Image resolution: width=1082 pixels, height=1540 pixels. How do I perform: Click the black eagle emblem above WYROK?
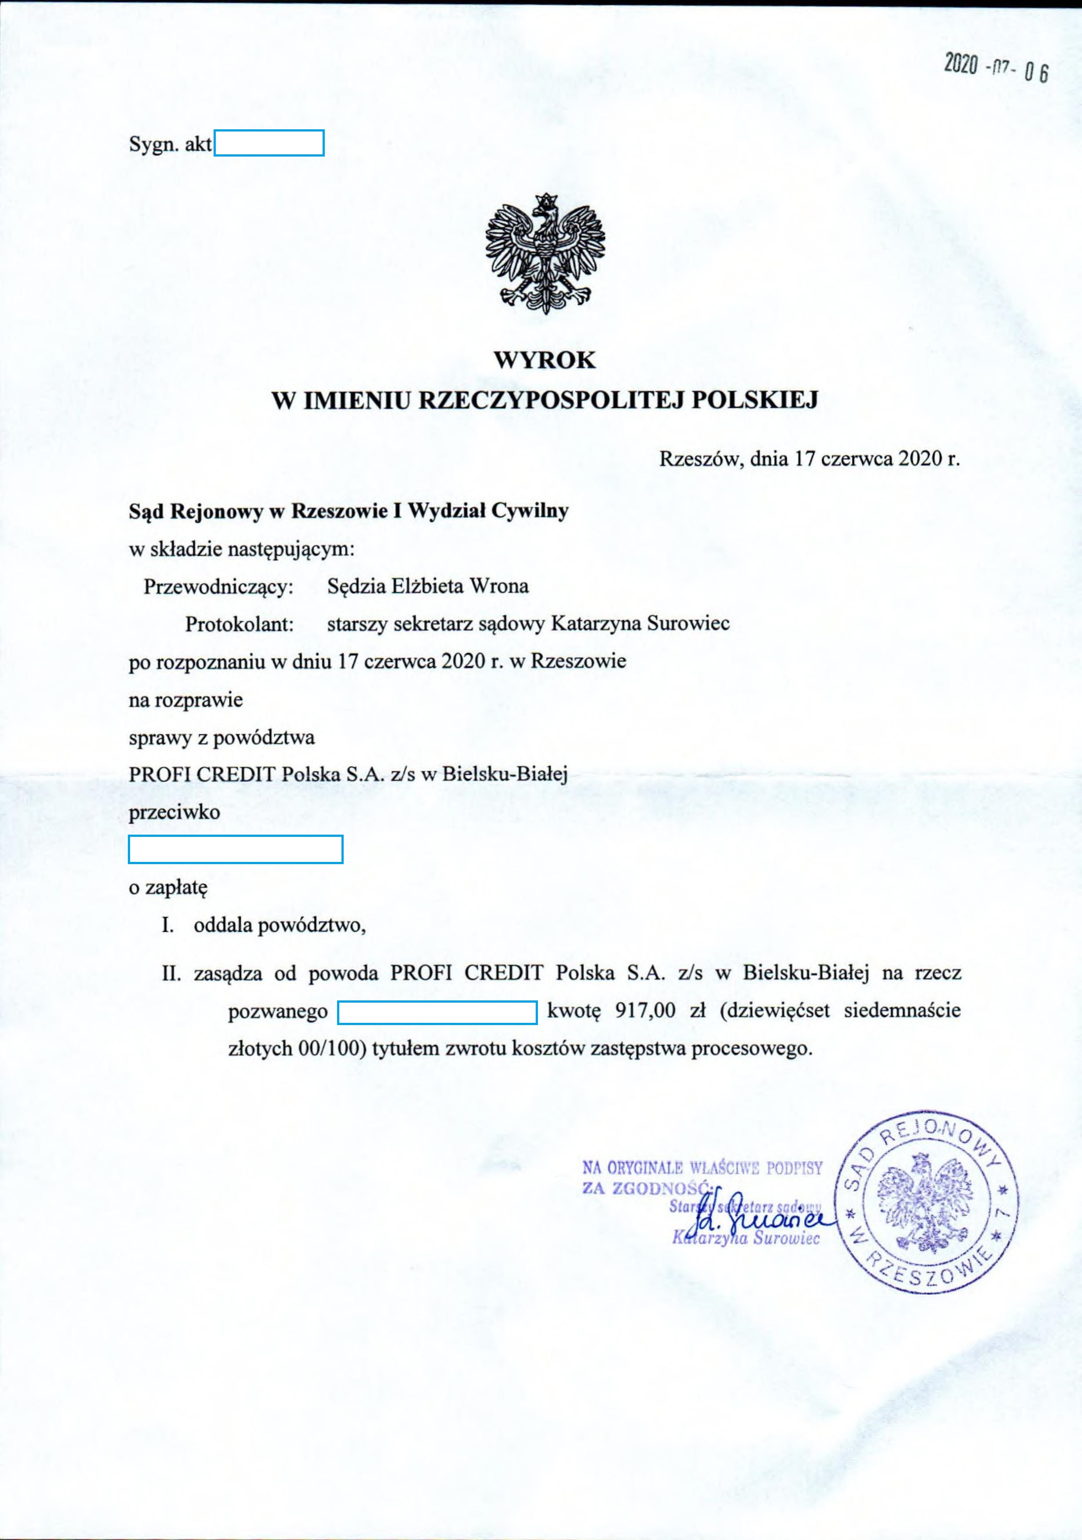tap(545, 254)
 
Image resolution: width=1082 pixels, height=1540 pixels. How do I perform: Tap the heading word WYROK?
tap(545, 360)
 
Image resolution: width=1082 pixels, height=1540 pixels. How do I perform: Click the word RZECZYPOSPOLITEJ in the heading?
tap(551, 401)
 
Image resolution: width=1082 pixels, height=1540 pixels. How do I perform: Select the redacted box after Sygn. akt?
tap(269, 143)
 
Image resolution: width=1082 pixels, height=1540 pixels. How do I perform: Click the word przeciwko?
tap(174, 812)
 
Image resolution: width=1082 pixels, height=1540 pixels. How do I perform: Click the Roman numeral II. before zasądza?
tap(172, 973)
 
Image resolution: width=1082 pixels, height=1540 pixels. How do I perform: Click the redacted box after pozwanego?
tap(437, 1012)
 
